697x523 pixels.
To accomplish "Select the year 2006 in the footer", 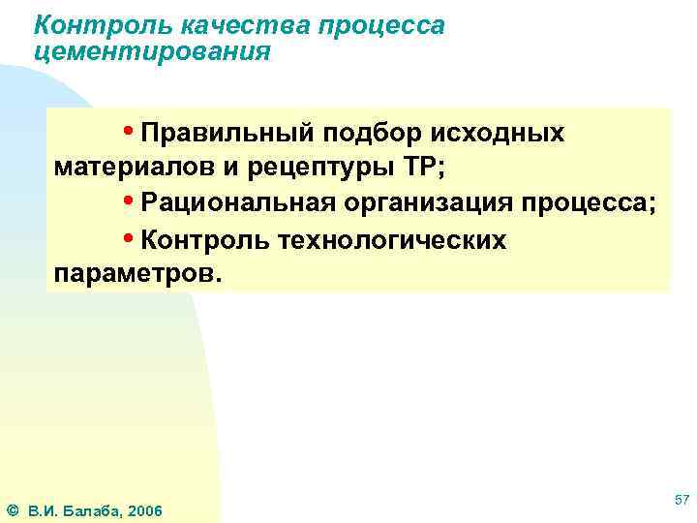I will click(x=144, y=510).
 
